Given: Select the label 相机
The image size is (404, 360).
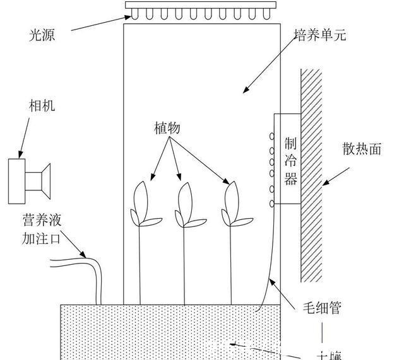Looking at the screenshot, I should pos(42,106).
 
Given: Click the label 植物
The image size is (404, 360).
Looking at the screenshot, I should pos(167,128).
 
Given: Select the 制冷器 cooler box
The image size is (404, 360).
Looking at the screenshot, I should pos(290,160).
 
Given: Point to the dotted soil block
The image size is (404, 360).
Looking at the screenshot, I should pos(170,331).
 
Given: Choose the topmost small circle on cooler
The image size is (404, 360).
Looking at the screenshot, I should pos(273,136).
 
